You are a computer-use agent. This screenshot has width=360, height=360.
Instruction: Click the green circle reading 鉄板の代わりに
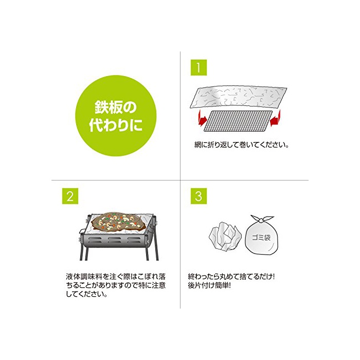pos(116,116)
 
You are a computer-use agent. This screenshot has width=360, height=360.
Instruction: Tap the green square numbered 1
pos(199,67)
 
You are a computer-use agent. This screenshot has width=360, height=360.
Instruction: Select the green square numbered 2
pos(70,196)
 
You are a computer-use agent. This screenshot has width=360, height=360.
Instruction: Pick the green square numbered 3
pos(199,196)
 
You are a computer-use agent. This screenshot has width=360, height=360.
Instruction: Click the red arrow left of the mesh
pos(202,118)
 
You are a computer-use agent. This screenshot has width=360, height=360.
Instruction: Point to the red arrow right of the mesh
pos(275,118)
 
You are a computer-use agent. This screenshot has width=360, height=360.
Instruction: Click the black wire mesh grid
pos(238,121)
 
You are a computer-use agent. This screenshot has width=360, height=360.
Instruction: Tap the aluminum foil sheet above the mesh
pos(239,97)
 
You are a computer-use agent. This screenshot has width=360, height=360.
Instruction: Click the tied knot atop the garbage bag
pos(261,220)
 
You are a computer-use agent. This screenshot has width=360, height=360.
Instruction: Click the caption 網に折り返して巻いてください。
pos(241,145)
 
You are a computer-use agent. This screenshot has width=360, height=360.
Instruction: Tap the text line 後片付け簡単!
pos(209,285)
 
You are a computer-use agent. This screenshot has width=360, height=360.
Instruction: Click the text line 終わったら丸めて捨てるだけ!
pos(231,277)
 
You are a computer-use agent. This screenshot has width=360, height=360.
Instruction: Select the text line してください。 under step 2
pos(87,294)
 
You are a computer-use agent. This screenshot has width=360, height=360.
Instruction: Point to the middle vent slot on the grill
pos(115,240)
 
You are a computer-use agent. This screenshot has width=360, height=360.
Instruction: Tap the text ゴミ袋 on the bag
pos(261,238)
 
